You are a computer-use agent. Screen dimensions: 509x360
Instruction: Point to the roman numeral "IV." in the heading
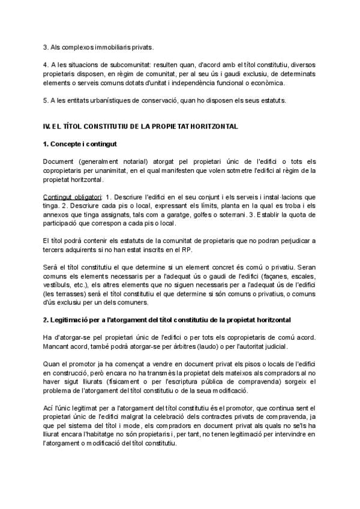[49, 127]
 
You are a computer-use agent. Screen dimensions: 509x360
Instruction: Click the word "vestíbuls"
[58, 286]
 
